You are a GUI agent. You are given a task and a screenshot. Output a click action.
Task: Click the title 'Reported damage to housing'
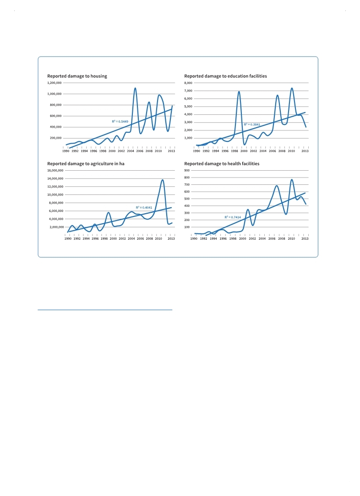coord(77,76)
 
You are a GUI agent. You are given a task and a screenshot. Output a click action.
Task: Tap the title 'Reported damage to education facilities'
coord(225,76)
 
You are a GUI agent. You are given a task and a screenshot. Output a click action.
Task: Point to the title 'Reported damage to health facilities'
coord(222,164)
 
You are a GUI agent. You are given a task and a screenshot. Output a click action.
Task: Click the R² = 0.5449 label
coord(120,121)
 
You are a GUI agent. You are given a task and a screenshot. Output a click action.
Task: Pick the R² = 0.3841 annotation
coord(252,124)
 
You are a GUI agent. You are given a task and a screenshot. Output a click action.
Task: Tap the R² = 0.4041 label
coord(144,208)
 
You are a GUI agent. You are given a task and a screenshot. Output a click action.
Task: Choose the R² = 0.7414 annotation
coord(233,217)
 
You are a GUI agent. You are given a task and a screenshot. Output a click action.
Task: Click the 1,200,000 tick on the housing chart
coord(55,83)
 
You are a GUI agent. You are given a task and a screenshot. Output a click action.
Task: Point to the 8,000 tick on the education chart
coord(188,83)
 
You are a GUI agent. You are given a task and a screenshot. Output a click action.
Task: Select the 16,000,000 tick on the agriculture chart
coord(55,171)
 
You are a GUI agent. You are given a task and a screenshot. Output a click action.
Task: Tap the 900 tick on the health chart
coord(187,171)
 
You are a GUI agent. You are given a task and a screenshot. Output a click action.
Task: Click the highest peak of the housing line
coord(135,88)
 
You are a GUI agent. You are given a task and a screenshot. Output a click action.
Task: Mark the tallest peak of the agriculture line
coord(163,180)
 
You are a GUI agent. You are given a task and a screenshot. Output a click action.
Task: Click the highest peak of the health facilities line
coord(292,180)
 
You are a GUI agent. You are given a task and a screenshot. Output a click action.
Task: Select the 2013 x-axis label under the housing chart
coord(171,151)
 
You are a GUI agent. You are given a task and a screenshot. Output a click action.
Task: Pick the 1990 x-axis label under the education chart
coord(196,151)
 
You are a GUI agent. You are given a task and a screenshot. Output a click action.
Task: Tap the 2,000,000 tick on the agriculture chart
coord(56,227)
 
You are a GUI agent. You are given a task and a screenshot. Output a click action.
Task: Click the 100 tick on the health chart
coord(187,227)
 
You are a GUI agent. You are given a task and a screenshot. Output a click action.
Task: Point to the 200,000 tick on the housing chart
coord(56,138)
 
